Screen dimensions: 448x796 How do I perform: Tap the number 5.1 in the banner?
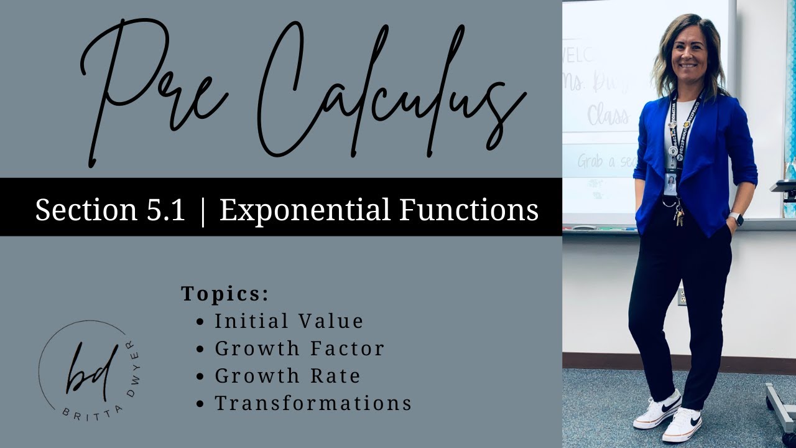pyautogui.click(x=163, y=210)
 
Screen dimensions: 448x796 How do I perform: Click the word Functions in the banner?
pyautogui.click(x=469, y=210)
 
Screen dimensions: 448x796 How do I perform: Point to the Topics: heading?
pyautogui.click(x=225, y=294)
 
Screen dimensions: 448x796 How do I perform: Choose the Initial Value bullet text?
pyautogui.click(x=289, y=321)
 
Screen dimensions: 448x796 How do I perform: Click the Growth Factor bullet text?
pyautogui.click(x=299, y=348)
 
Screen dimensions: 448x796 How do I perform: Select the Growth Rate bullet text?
pyautogui.click(x=287, y=376)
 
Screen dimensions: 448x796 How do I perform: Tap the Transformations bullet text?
pyautogui.click(x=313, y=403)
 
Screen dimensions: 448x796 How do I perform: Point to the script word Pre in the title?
pyautogui.click(x=155, y=93)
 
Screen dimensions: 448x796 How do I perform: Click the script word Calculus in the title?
pyautogui.click(x=386, y=93)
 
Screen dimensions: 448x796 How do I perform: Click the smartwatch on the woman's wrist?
pyautogui.click(x=736, y=219)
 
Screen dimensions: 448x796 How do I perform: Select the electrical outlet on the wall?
pyautogui.click(x=682, y=296)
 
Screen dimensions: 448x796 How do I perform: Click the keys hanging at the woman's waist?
pyautogui.click(x=679, y=217)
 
